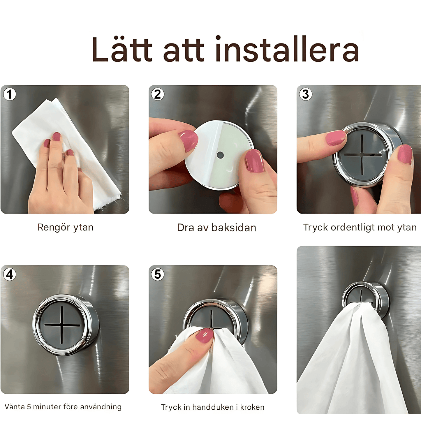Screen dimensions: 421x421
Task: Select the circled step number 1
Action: pos(10,94)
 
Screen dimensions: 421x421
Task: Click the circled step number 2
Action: pos(158,94)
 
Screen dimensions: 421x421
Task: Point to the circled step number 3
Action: pos(306,94)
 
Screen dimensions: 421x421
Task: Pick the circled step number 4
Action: pos(10,274)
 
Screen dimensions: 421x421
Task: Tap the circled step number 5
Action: pos(158,274)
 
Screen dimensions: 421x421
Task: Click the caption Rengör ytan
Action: pos(65,228)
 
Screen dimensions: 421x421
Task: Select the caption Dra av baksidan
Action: pos(216,228)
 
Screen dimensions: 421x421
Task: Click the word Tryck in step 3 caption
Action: pos(316,228)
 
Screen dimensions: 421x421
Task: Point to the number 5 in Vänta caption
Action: pos(29,407)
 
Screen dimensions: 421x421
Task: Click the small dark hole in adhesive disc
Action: pos(220,155)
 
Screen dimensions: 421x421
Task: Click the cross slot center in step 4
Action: pos(62,325)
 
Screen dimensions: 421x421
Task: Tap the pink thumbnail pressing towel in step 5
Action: pos(205,335)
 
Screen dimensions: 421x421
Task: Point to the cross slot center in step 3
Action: pos(362,155)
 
